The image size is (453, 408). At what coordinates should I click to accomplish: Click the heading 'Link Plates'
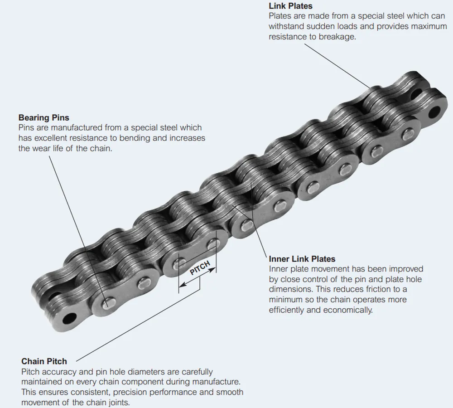pyautogui.click(x=290, y=6)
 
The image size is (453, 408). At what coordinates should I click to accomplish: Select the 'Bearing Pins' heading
pyautogui.click(x=43, y=118)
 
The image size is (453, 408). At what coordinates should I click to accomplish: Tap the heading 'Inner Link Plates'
pyautogui.click(x=302, y=259)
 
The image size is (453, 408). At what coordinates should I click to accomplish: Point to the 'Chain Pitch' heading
pyautogui.click(x=44, y=361)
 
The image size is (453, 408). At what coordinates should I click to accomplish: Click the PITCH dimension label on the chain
pyautogui.click(x=200, y=268)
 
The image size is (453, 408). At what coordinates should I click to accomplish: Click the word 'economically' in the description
pyautogui.click(x=348, y=310)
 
